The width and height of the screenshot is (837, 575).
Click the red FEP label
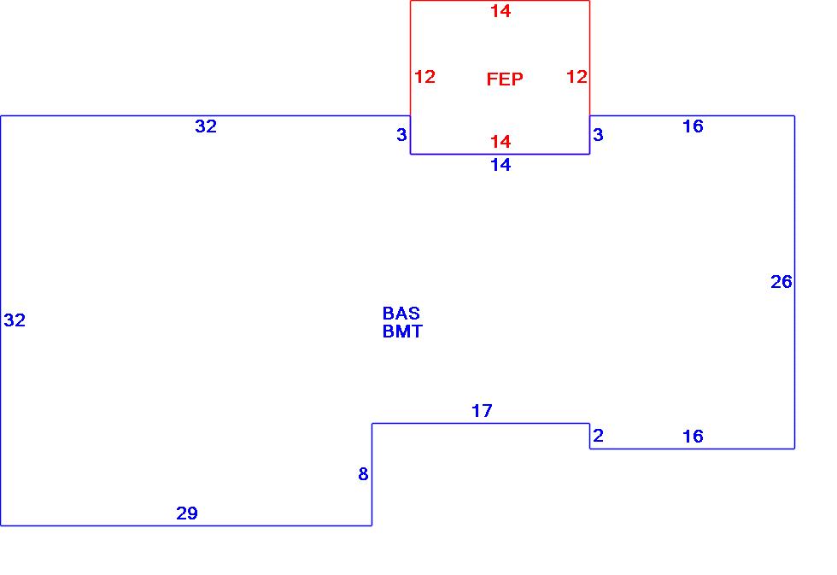tap(505, 79)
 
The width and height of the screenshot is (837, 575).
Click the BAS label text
tap(401, 314)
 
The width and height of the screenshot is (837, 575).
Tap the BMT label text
tap(402, 332)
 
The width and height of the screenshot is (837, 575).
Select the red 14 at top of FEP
tap(500, 11)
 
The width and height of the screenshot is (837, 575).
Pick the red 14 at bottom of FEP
tap(500, 142)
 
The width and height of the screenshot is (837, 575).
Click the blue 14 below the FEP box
tap(500, 165)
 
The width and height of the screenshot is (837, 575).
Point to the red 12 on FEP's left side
tap(424, 77)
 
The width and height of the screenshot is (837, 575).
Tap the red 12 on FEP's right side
tap(577, 77)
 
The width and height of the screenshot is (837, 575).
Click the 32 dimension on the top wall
tap(206, 126)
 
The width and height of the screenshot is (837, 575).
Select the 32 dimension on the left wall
tap(15, 320)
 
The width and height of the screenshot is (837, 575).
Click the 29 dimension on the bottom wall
tap(187, 513)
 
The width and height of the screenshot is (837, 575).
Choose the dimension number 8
tap(363, 474)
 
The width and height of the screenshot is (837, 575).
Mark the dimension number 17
tap(482, 411)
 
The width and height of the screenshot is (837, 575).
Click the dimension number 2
tap(598, 436)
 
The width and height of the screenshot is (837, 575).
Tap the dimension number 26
tap(781, 282)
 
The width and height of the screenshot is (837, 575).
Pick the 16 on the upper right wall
tap(693, 126)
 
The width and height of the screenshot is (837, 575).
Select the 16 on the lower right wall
tap(693, 437)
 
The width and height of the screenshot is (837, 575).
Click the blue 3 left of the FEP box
tap(401, 135)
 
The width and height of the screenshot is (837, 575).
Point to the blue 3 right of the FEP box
tap(598, 135)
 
